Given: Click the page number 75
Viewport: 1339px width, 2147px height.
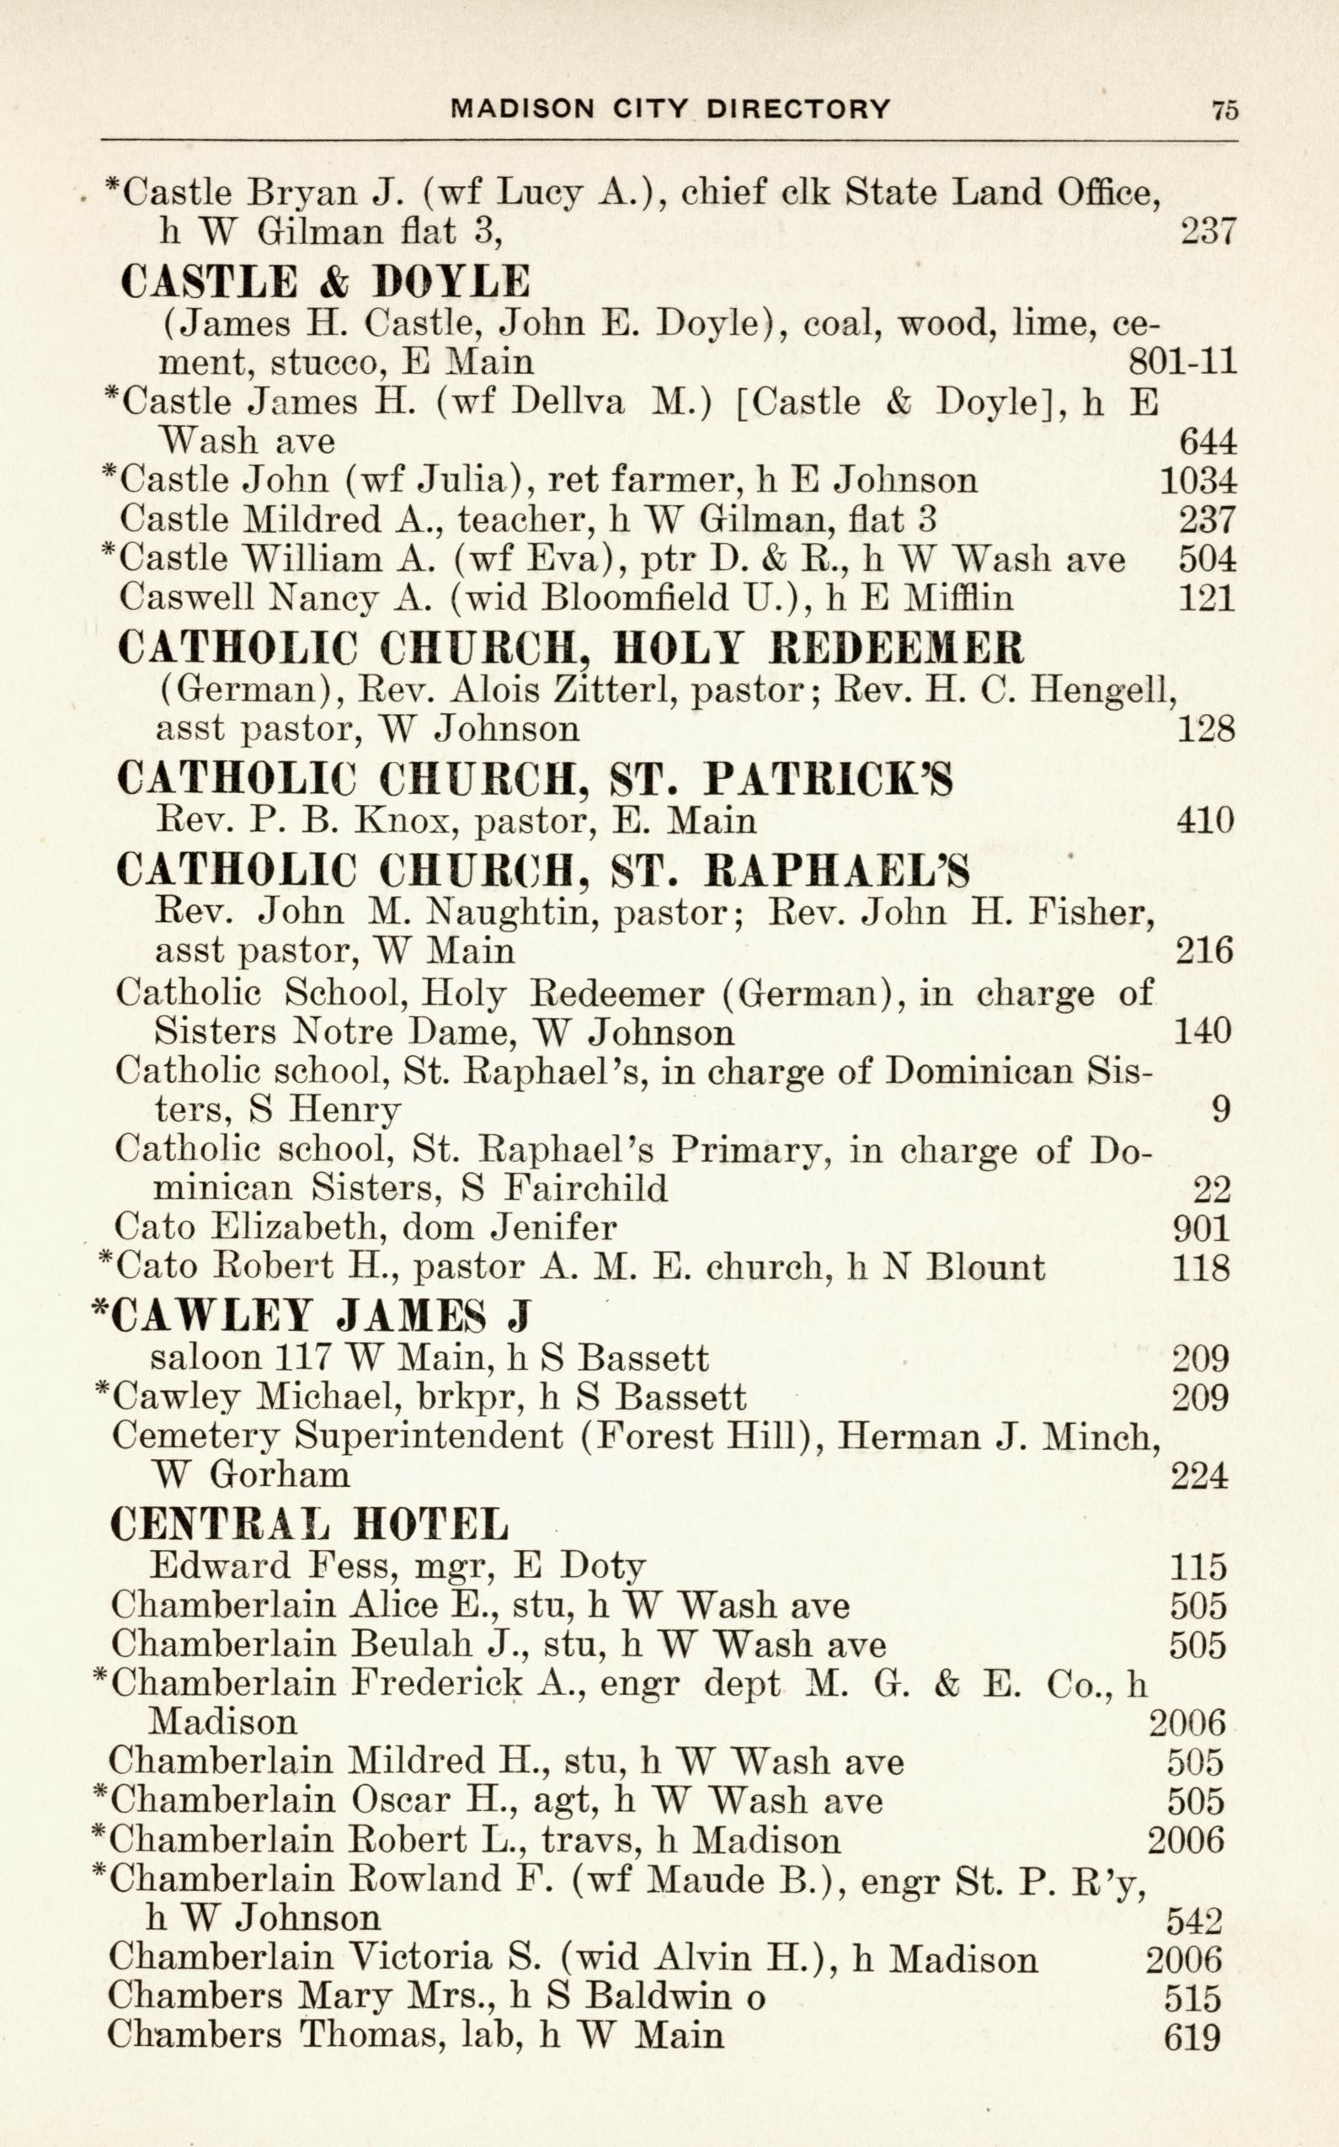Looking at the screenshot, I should (1224, 109).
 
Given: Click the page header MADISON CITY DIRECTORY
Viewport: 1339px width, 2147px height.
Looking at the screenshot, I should (670, 109).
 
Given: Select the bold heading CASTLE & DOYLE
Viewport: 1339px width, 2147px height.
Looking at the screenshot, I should (325, 281).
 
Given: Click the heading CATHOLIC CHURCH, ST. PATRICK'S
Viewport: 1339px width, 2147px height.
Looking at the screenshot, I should (534, 779).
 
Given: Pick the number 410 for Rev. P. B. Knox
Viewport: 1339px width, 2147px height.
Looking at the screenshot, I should (1204, 821).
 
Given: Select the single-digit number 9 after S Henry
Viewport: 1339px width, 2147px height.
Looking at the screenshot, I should (1220, 1110).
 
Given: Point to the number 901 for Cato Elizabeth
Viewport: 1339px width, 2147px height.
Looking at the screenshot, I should (1201, 1228).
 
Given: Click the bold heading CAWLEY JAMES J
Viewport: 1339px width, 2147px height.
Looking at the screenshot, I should (312, 1315).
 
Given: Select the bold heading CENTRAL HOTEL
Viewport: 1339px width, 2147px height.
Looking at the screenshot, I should (310, 1524).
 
